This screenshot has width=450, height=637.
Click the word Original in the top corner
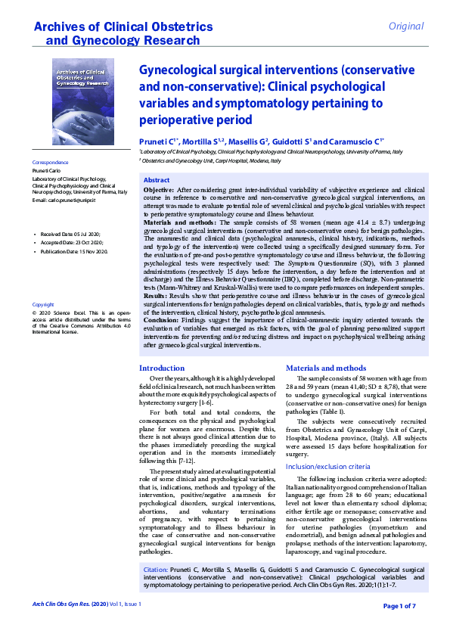[x=405, y=26]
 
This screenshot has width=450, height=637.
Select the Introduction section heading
[x=163, y=368]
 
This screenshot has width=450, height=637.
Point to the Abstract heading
[x=157, y=179]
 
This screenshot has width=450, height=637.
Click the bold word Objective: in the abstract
[x=159, y=189]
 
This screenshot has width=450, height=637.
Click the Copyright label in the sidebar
[x=43, y=304]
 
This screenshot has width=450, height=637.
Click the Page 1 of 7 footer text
[x=405, y=606]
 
